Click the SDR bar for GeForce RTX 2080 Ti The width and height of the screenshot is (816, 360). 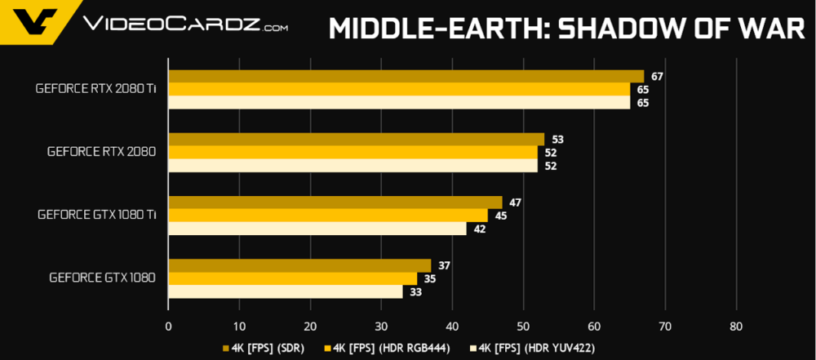coord(406,77)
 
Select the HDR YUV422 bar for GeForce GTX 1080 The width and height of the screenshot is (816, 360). coord(285,291)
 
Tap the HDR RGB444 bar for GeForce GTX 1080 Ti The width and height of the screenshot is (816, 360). coord(327,216)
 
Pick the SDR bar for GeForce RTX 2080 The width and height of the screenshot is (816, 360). coord(356,140)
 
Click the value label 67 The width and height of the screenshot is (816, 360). coord(656,77)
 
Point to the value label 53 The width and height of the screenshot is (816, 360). coord(557,140)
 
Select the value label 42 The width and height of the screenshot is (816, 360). coord(479,229)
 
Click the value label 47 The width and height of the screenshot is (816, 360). coord(515,203)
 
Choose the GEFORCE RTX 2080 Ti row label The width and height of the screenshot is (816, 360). coord(96,89)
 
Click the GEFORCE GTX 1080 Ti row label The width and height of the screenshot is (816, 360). coord(96,216)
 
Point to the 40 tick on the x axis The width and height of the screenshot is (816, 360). coord(452,326)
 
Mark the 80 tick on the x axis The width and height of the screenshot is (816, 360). coord(736,326)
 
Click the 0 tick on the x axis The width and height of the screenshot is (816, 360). coord(168,326)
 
